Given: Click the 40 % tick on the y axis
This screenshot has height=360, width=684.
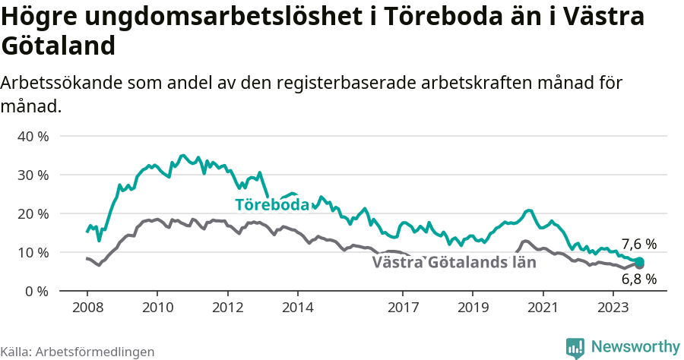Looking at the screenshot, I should click(x=33, y=137).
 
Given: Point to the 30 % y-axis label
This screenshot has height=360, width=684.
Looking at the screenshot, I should click(x=33, y=175).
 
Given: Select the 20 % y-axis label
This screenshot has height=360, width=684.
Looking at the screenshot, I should click(x=33, y=214).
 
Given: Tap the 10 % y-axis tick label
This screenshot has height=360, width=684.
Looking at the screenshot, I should click(x=33, y=253).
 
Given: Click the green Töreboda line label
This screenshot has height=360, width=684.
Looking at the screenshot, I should click(x=272, y=205).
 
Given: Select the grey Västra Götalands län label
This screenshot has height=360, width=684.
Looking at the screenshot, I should click(x=454, y=263).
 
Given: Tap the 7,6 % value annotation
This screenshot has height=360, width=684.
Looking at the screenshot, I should click(x=638, y=245).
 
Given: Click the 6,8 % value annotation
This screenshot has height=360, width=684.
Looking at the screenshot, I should click(x=638, y=279).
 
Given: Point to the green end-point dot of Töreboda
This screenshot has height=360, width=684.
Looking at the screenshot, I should click(x=639, y=262).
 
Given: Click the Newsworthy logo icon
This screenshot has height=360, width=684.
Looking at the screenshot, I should click(x=575, y=347).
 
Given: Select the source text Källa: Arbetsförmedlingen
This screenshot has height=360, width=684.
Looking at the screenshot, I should click(x=78, y=352).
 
